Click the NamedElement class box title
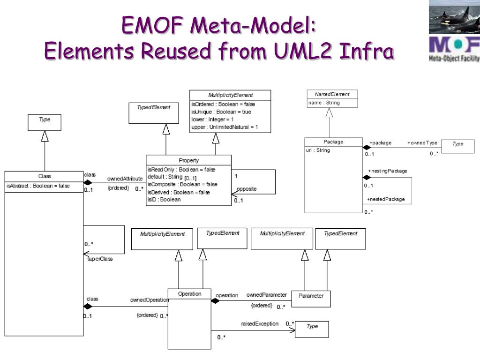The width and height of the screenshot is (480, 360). click(332, 94)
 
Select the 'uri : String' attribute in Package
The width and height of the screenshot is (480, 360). click(318, 150)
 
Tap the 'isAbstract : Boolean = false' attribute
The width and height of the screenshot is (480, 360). click(38, 186)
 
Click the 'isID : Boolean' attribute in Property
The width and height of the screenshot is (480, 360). click(164, 199)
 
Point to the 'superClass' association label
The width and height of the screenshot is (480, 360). click(100, 258)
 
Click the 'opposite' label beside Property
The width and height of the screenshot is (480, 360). click(247, 189)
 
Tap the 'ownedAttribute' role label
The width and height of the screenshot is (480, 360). click(125, 179)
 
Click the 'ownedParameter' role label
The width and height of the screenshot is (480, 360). click(266, 295)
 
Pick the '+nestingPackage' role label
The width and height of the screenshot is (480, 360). click(387, 171)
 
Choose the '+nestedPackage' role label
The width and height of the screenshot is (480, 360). click(386, 199)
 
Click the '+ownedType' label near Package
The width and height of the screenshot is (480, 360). click(422, 142)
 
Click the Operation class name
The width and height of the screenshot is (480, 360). click(189, 294)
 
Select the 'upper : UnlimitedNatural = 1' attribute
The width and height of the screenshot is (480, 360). click(225, 127)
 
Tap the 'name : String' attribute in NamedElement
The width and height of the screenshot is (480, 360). click(324, 103)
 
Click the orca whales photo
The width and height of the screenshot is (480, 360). click(454, 17)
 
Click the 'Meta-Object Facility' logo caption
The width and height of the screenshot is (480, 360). click(454, 59)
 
